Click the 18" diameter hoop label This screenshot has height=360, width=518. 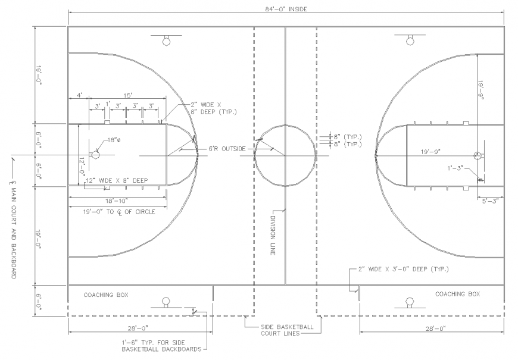(113, 140)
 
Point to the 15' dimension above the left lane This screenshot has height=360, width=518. (127, 96)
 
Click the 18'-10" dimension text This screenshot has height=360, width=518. (117, 202)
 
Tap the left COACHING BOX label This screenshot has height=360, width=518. (106, 295)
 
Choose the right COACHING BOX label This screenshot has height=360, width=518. (457, 294)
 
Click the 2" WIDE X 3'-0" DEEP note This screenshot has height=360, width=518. (403, 270)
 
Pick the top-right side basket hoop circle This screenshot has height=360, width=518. (410, 40)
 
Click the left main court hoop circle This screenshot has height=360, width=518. (95, 155)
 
